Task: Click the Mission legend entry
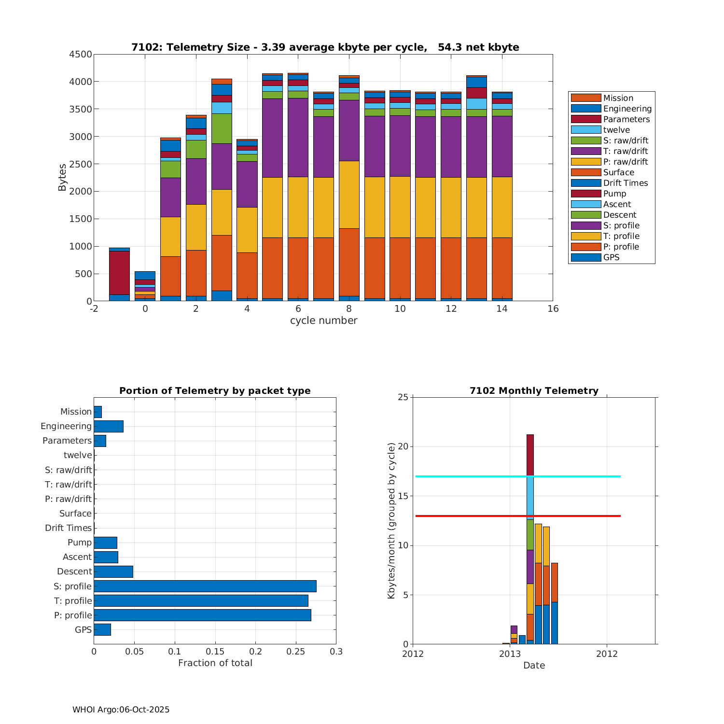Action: (x=618, y=98)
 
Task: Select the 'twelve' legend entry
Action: (x=616, y=130)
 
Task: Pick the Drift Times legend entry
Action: (x=625, y=183)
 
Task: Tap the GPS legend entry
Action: (x=611, y=257)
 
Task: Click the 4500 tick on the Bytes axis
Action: (x=81, y=55)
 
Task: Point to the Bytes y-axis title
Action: (x=62, y=178)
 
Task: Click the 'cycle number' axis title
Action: (x=323, y=320)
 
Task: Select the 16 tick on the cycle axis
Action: (x=553, y=309)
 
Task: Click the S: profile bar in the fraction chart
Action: (x=205, y=586)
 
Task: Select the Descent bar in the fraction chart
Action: (x=113, y=571)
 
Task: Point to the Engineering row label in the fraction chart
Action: (x=66, y=426)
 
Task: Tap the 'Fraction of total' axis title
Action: (x=215, y=663)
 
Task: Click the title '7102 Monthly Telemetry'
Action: (x=534, y=391)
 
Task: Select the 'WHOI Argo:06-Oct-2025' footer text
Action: (x=121, y=710)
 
